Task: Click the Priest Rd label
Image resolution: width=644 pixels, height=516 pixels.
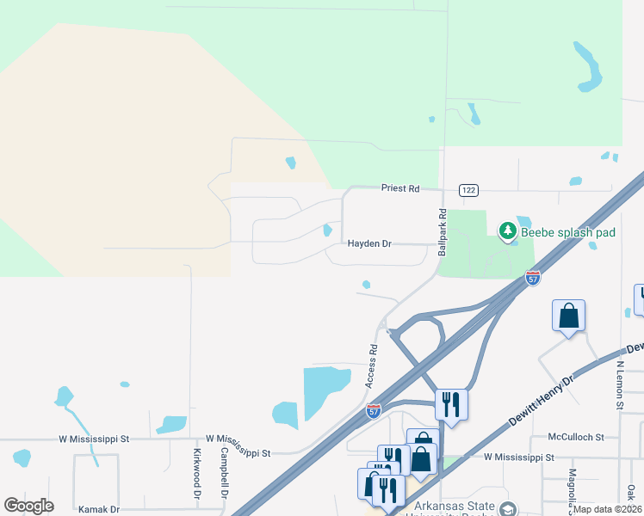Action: click(x=400, y=187)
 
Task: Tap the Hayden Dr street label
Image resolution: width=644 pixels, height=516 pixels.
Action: click(x=369, y=244)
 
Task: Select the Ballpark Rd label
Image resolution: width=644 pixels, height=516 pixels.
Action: click(x=443, y=232)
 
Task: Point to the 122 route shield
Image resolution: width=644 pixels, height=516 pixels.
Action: click(x=468, y=190)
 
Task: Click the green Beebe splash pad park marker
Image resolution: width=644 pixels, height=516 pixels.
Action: click(x=508, y=230)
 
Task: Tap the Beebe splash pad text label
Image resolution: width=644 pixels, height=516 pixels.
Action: click(x=567, y=233)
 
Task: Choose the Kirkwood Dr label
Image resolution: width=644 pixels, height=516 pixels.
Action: click(x=197, y=473)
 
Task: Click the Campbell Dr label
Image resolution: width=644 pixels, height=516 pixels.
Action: click(x=223, y=473)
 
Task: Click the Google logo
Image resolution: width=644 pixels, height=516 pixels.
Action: click(x=28, y=506)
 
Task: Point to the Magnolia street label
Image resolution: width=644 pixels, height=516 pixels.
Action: click(x=572, y=486)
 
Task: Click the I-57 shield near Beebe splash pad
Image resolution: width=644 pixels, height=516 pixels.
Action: click(x=533, y=278)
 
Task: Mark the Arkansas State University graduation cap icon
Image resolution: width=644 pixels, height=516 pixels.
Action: click(x=508, y=510)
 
